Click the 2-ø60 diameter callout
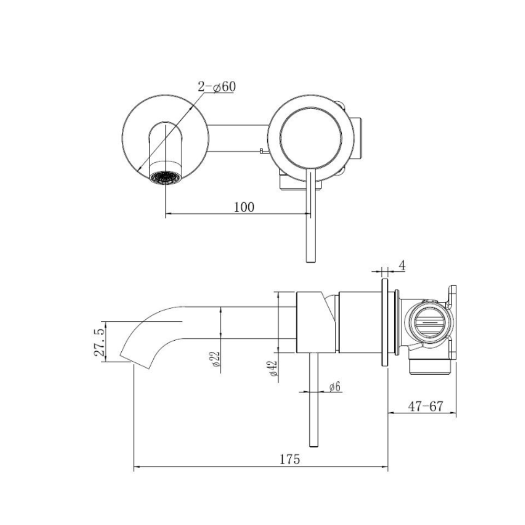tap(217, 87)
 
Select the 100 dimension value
tap(244, 207)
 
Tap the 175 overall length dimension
tap(290, 459)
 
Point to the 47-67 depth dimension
tap(425, 406)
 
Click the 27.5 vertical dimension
tap(100, 342)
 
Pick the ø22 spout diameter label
tap(216, 359)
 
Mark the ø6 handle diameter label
tap(334, 387)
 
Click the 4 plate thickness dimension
tap(402, 266)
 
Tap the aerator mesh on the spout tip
tap(165, 177)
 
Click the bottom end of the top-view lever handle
tap(311, 261)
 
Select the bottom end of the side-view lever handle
tap(313, 446)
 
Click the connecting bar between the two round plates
tap(238, 138)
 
